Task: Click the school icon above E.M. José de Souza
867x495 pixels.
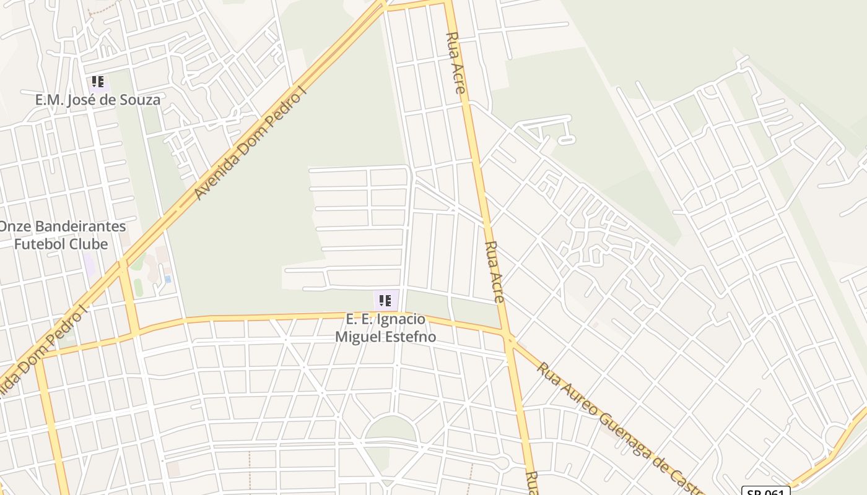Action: point(97,82)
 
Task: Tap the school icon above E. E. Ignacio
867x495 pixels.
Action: point(385,301)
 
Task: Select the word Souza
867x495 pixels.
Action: point(142,100)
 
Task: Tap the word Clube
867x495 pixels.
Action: point(88,244)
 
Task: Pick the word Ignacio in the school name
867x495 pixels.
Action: point(402,319)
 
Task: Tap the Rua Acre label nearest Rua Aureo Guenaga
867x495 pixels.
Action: point(494,271)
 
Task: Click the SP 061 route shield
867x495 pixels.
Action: point(765,491)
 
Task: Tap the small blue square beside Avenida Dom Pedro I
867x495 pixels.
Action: point(168,279)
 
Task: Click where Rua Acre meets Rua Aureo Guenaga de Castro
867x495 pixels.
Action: point(509,338)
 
